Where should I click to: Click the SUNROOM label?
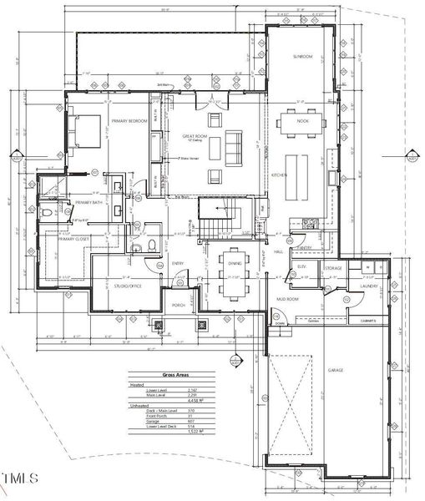303,56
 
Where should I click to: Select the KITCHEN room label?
279,175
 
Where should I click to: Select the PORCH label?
178,306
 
